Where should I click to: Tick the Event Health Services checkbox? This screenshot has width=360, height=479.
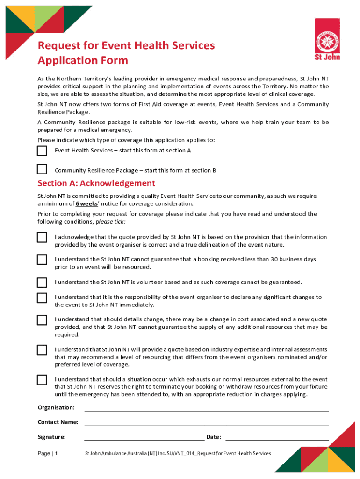coord(42,151)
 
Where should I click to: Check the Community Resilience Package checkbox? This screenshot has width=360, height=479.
coord(42,169)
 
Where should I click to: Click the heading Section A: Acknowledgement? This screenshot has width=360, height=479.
coord(96,183)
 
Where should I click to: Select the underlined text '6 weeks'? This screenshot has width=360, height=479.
coord(86,204)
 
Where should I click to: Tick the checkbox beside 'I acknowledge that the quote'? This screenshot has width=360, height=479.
coord(42,238)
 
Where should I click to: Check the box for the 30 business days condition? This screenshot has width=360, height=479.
coord(42,260)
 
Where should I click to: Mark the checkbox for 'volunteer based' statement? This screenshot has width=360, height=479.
coord(42,283)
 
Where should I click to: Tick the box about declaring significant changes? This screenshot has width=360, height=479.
coord(42,298)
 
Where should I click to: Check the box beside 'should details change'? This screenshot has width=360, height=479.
coord(42,320)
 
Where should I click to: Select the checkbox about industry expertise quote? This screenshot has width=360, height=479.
coord(42,350)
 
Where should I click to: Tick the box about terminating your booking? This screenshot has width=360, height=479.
coord(42,380)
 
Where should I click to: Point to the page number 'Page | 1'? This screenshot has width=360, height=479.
coord(48,454)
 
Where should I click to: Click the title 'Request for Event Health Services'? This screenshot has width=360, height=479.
coord(126,45)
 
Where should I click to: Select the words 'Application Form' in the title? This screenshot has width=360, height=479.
coord(83,61)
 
